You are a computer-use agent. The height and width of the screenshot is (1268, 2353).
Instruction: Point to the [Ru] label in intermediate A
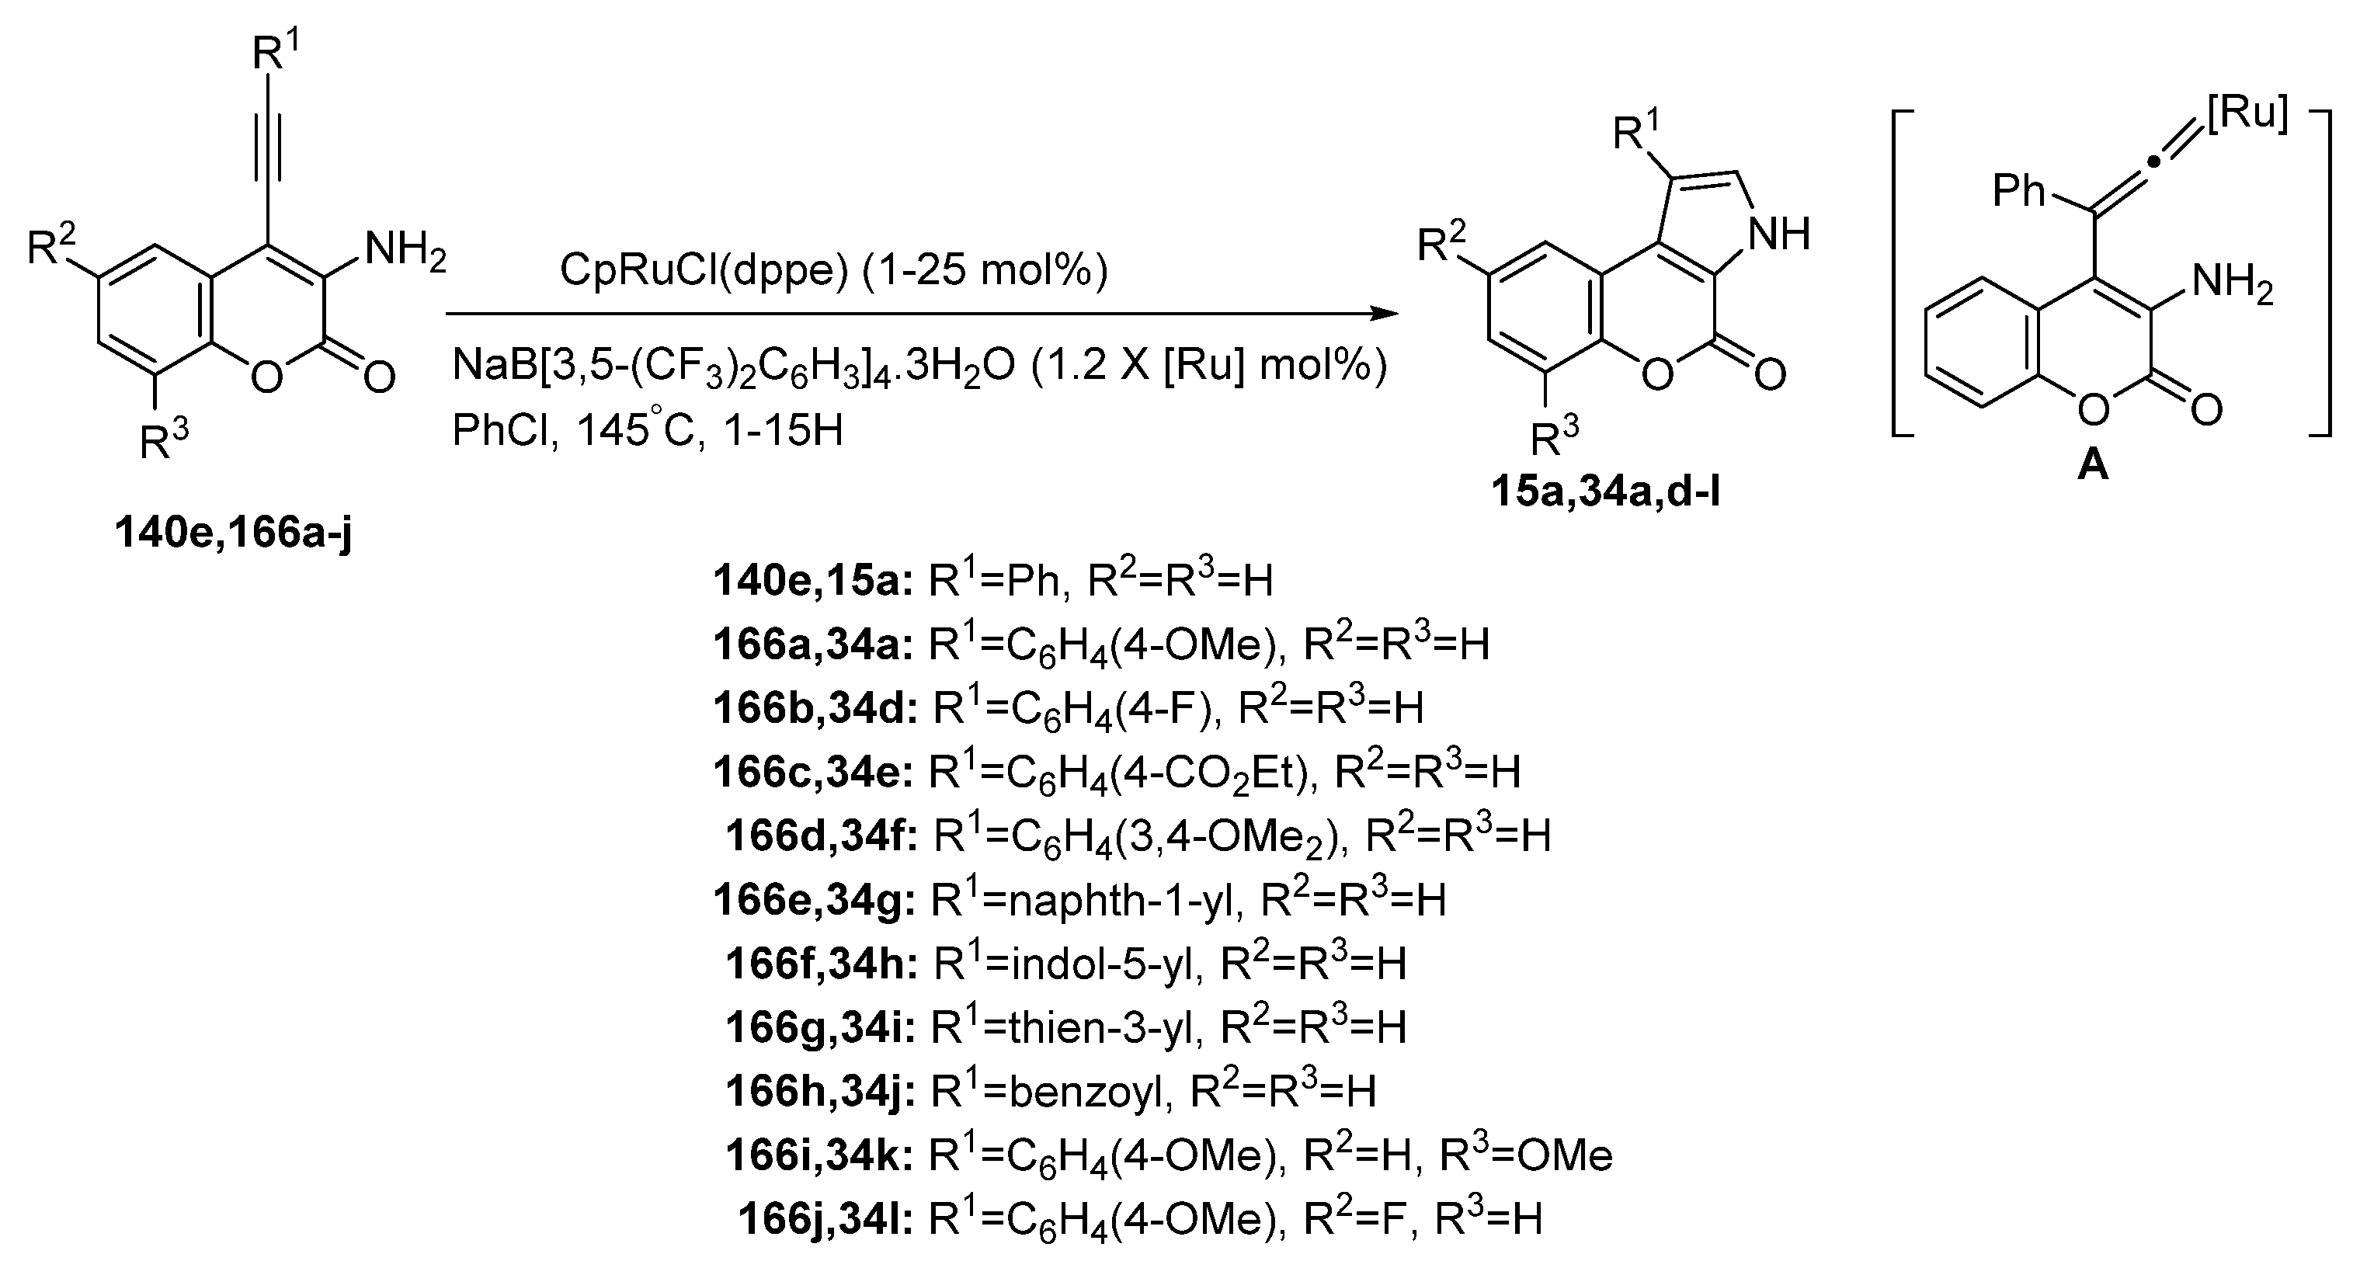[x=2248, y=115]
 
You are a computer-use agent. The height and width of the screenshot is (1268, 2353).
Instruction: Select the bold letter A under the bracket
[x=2093, y=467]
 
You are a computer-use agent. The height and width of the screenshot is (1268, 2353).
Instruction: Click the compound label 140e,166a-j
[x=233, y=533]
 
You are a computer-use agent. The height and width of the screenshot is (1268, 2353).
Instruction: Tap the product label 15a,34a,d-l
[x=1606, y=493]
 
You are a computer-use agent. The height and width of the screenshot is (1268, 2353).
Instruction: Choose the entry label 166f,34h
[x=821, y=964]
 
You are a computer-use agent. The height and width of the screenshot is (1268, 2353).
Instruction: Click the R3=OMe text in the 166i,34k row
[x=1525, y=1155]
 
